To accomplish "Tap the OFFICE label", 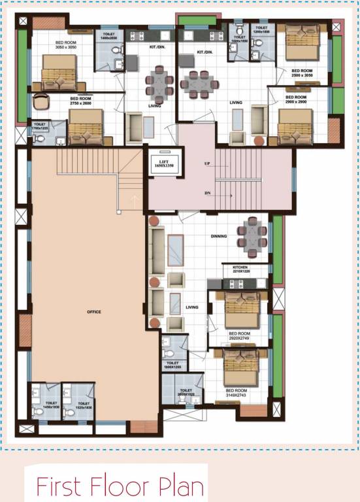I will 94,312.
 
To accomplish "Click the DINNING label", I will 218,236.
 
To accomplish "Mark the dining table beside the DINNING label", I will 252,235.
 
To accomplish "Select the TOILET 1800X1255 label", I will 173,365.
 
